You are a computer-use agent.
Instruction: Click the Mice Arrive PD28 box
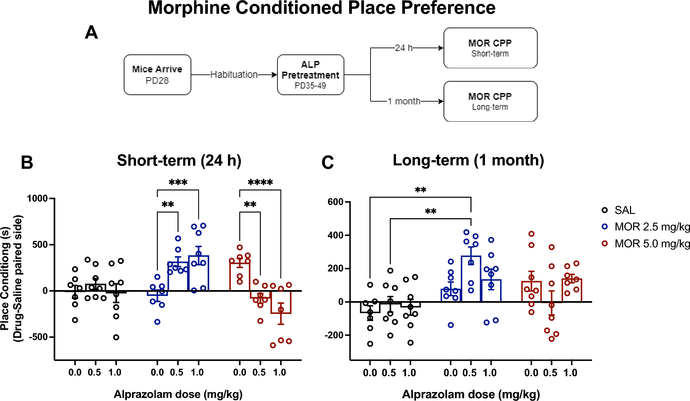pyautogui.click(x=157, y=75)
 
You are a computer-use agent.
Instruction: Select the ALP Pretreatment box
pyautogui.click(x=310, y=75)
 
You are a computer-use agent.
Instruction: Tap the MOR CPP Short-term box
pyautogui.click(x=490, y=48)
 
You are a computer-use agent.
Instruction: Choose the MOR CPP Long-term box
pyautogui.click(x=490, y=101)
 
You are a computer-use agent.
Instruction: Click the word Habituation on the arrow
pyautogui.click(x=234, y=74)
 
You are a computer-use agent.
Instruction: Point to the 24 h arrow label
pyautogui.click(x=404, y=48)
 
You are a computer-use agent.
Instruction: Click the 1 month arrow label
pyautogui.click(x=404, y=101)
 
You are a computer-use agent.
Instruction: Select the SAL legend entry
pyautogui.click(x=624, y=210)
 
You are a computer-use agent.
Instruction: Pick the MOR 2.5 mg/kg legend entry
pyautogui.click(x=651, y=227)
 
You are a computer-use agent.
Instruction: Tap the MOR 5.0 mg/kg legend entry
pyautogui.click(x=651, y=244)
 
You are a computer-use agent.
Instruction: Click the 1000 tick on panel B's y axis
pyautogui.click(x=37, y=198)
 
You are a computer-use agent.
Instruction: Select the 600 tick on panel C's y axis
pyautogui.click(x=335, y=202)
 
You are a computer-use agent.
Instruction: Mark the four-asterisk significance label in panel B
pyautogui.click(x=260, y=182)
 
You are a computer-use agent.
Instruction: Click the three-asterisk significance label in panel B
pyautogui.click(x=178, y=182)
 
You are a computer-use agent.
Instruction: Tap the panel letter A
pyautogui.click(x=91, y=33)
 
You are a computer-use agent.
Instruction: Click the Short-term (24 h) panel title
pyautogui.click(x=179, y=161)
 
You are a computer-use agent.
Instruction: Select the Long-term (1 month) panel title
pyautogui.click(x=468, y=160)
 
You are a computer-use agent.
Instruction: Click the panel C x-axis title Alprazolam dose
pyautogui.click(x=471, y=394)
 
